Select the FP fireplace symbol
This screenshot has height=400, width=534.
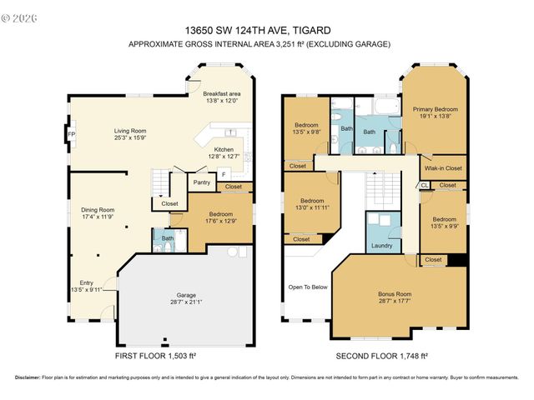tap(71, 134)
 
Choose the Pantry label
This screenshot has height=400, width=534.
tap(201, 182)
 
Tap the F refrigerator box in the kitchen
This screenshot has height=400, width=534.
tap(223, 174)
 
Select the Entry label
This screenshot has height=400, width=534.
tap(86, 282)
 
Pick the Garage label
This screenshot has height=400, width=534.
tap(185, 294)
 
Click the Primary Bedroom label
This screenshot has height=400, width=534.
tap(434, 109)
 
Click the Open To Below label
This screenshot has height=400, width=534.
tap(308, 287)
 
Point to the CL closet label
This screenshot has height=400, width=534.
tap(424, 185)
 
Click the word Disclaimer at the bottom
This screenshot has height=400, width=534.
tap(31, 376)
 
